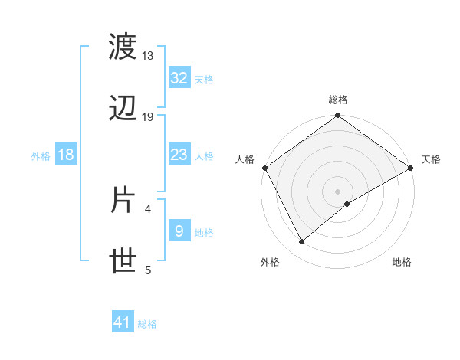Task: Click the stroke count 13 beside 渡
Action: pyautogui.click(x=148, y=56)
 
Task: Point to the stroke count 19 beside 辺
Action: pyautogui.click(x=148, y=117)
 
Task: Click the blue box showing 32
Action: pyautogui.click(x=179, y=78)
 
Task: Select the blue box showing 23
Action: pyautogui.click(x=179, y=155)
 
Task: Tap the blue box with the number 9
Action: pyautogui.click(x=179, y=231)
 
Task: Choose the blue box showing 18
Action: pyautogui.click(x=66, y=155)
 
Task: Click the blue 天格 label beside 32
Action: pyautogui.click(x=204, y=80)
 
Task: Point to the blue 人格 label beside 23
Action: pyautogui.click(x=204, y=156)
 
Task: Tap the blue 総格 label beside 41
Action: pyautogui.click(x=147, y=325)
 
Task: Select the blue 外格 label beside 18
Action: pyautogui.click(x=41, y=156)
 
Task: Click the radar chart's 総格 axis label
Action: pyautogui.click(x=337, y=100)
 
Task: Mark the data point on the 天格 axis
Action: pyautogui.click(x=411, y=168)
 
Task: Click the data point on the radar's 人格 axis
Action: pyautogui.click(x=264, y=168)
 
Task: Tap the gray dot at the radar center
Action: pyautogui.click(x=337, y=191)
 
